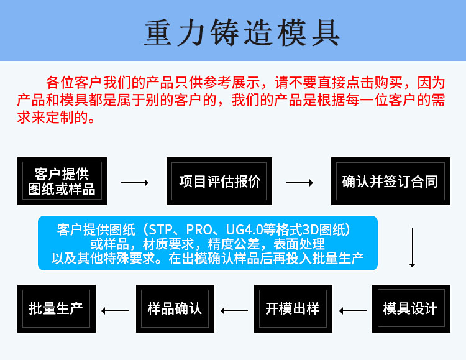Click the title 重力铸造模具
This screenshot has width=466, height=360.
tap(242, 32)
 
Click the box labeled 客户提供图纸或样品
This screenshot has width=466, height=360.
tap(62, 181)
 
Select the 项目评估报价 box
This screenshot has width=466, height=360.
tap(220, 181)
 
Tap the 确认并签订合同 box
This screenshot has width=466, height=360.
tap(390, 181)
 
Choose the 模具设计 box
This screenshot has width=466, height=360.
tap(410, 308)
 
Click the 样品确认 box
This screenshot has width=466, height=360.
tap(175, 308)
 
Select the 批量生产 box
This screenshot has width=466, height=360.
tap(56, 308)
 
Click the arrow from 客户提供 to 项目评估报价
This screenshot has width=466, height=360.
tap(134, 183)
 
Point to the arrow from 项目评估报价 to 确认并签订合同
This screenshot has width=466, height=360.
tap(299, 183)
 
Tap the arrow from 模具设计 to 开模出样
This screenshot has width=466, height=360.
tap(352, 310)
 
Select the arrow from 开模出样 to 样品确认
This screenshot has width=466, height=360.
tap(234, 310)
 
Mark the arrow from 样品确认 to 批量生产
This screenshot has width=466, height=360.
tap(115, 310)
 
